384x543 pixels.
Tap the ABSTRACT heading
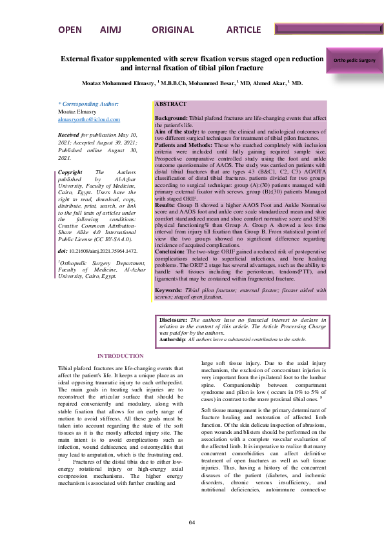pyautogui.click(x=171, y=104)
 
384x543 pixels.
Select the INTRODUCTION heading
pyautogui.click(x=120, y=356)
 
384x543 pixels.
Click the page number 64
pyautogui.click(x=192, y=522)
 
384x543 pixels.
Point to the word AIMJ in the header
pyautogui.click(x=111, y=30)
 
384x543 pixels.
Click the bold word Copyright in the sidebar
pyautogui.click(x=70, y=173)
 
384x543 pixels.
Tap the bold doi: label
pyautogui.click(x=63, y=249)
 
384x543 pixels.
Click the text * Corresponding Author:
pyautogui.click(x=88, y=103)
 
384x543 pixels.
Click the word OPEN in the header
pyautogui.click(x=70, y=30)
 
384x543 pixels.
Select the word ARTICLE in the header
pyautogui.click(x=243, y=30)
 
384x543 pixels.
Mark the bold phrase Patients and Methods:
pyautogui.click(x=183, y=144)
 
